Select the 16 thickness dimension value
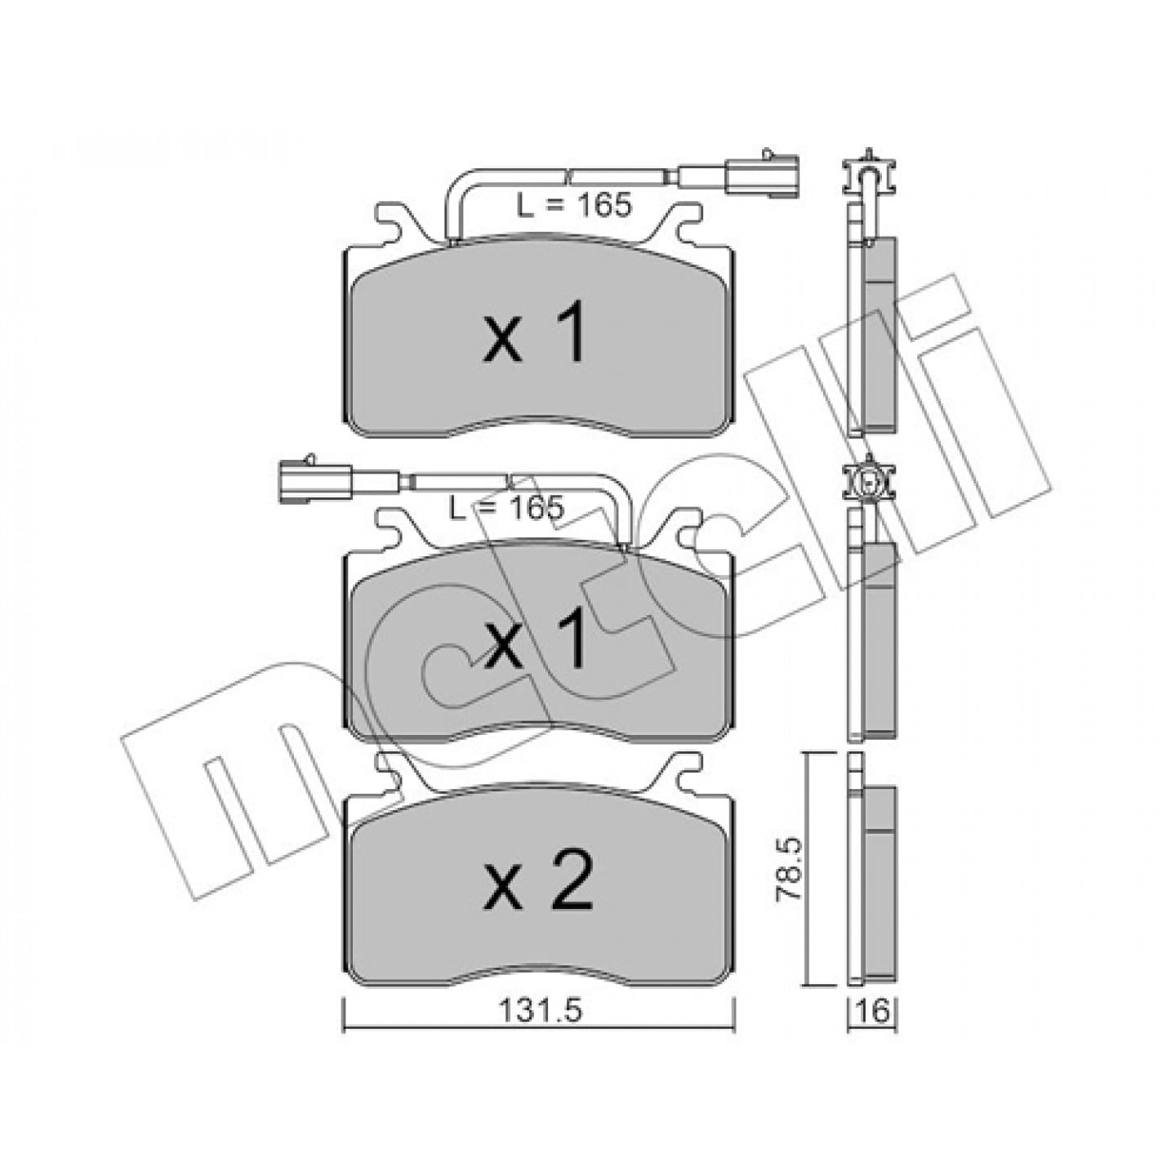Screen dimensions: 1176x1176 872,1011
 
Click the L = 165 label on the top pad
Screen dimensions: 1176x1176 573,206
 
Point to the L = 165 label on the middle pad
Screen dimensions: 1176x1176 506,508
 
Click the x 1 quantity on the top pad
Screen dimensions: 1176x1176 535,335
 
